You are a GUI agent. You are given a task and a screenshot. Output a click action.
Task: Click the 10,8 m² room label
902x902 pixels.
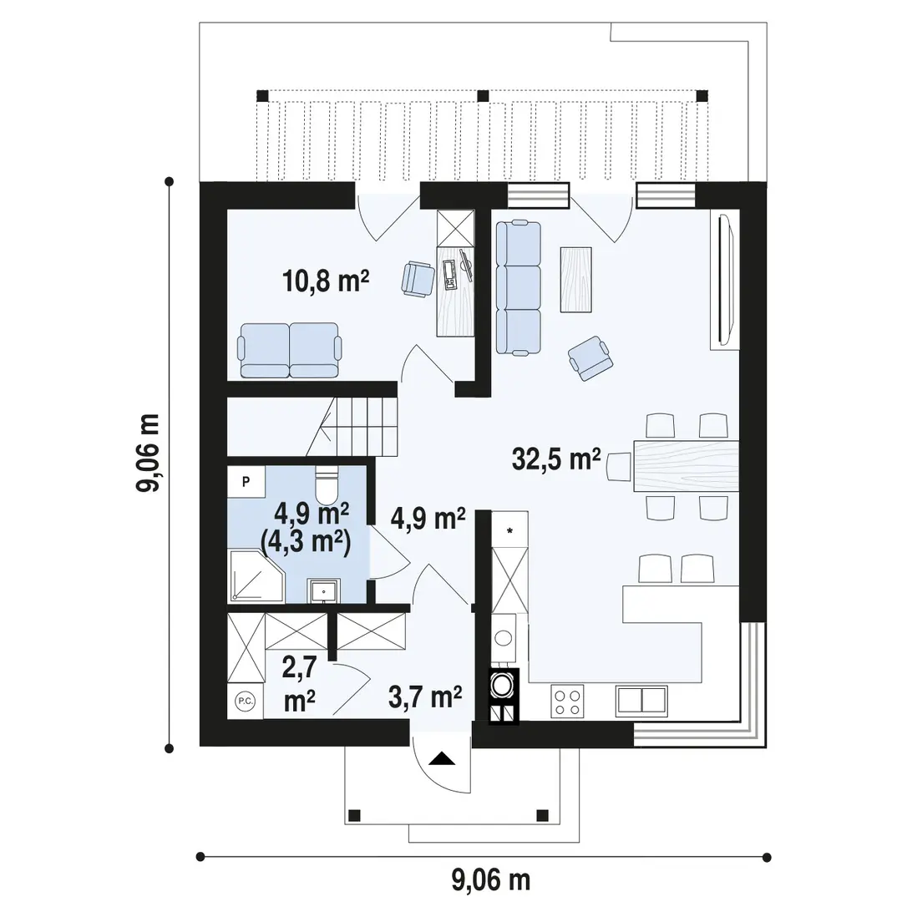(x=326, y=281)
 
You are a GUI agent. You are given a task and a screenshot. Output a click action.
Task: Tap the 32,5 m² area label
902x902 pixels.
(x=556, y=459)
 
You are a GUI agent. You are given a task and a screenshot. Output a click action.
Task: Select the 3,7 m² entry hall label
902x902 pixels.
(x=425, y=697)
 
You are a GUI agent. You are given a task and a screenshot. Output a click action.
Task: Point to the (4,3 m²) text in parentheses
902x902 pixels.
(x=306, y=540)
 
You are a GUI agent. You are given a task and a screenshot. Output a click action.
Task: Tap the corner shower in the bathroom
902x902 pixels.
(x=256, y=575)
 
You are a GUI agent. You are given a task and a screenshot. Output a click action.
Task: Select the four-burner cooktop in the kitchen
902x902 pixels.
(x=567, y=702)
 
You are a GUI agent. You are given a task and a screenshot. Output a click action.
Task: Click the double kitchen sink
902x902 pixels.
(x=641, y=702)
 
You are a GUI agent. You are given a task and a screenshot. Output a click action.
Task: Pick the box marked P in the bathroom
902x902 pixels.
(x=246, y=482)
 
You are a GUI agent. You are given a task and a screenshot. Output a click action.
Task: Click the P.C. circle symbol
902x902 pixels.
(x=245, y=701)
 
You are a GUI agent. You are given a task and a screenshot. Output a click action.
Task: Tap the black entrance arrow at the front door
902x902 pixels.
(x=442, y=758)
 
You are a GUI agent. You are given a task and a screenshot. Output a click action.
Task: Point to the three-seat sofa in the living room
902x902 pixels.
(x=519, y=287)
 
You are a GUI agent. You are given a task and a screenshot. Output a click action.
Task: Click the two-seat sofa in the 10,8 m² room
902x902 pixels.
(x=289, y=350)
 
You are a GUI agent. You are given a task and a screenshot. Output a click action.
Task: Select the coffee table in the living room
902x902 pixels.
(x=575, y=280)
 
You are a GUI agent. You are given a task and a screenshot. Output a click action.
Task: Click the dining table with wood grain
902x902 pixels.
(x=686, y=465)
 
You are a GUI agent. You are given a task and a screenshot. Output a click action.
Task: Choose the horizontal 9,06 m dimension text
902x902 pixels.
(x=491, y=879)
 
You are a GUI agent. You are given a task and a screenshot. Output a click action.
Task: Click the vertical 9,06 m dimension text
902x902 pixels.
(x=147, y=452)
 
